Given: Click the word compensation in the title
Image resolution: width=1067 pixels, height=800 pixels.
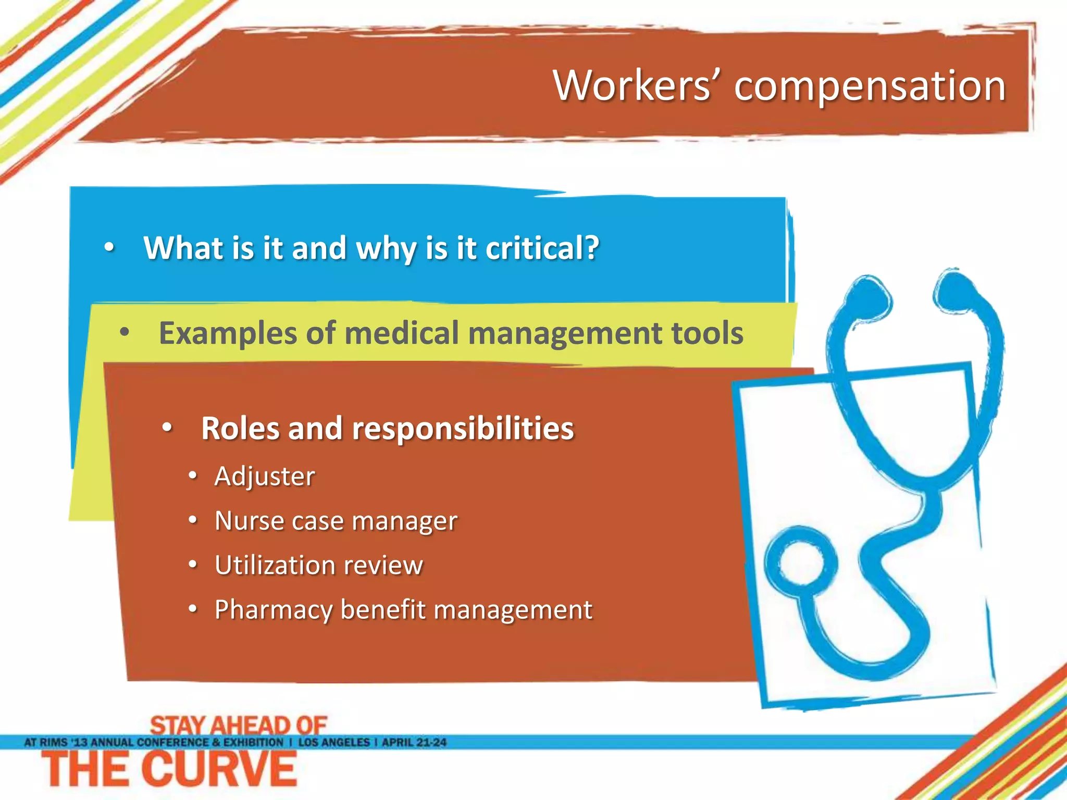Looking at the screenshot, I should [870, 87].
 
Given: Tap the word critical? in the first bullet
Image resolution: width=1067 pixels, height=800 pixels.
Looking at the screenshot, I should [542, 248].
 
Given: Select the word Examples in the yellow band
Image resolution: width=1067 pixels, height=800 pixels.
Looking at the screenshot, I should [227, 333].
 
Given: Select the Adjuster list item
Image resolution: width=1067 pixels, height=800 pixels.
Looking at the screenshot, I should [265, 477].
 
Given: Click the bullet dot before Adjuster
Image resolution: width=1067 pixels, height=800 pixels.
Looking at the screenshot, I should [193, 476].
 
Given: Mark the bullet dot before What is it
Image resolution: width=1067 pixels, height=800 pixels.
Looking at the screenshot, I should [109, 247].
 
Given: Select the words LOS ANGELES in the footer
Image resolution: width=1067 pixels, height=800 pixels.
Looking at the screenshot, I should [333, 742].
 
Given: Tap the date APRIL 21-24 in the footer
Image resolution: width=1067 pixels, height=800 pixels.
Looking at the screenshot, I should [414, 742].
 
